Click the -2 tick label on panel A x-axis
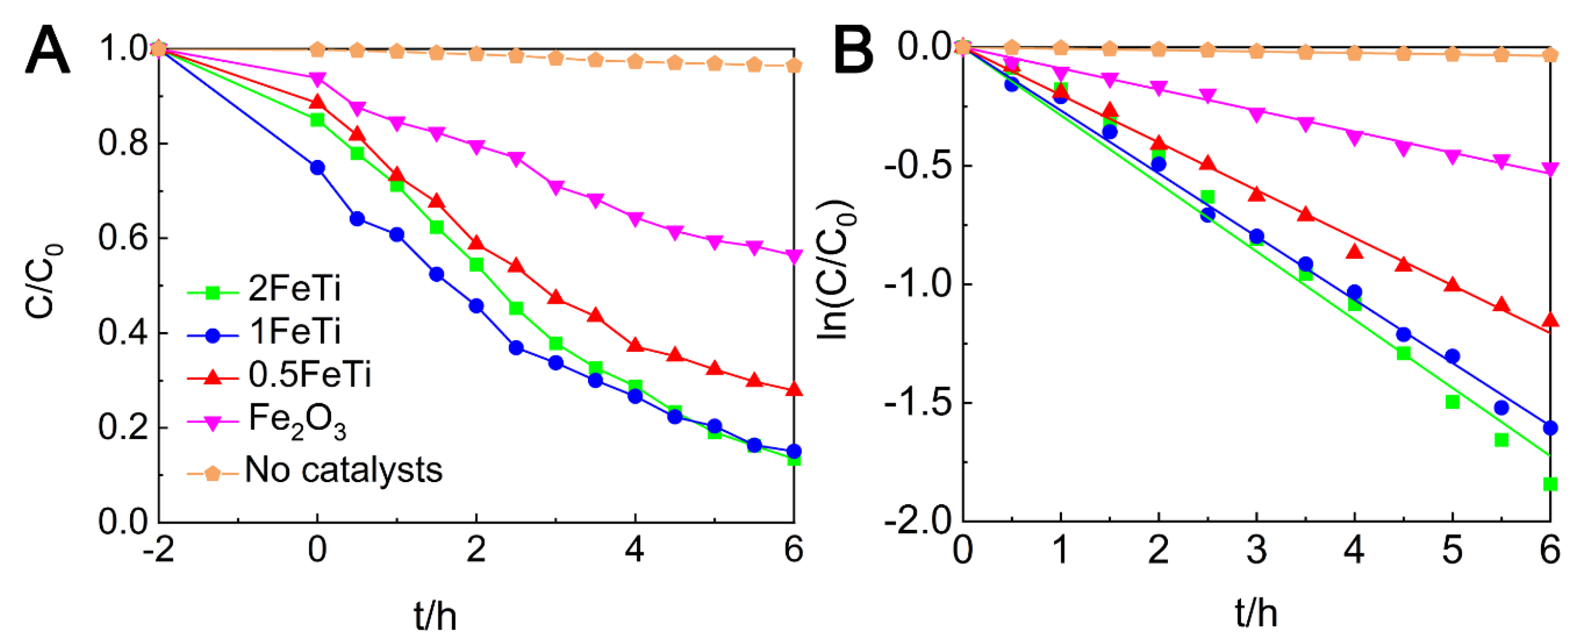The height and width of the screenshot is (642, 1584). [158, 549]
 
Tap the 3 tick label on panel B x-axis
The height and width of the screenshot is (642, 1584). [1256, 549]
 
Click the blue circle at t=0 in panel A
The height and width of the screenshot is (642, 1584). [317, 167]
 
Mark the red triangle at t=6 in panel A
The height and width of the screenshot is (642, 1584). [794, 389]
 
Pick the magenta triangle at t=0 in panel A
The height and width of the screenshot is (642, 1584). [317, 79]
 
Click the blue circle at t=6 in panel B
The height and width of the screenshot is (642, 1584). [1550, 428]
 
